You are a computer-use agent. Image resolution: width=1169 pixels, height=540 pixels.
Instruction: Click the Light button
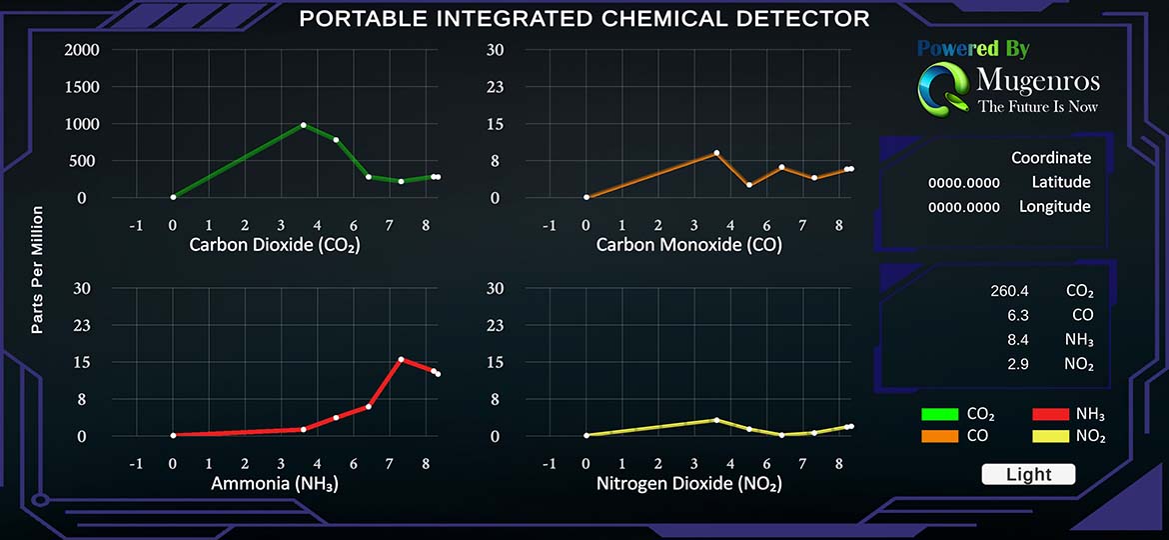coord(1028,475)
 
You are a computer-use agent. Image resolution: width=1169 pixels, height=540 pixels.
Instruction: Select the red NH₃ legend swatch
coord(1050,414)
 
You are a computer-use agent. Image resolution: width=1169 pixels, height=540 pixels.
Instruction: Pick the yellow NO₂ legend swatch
coord(1050,436)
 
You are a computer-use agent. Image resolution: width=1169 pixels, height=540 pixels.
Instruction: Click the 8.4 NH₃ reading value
coord(1018,340)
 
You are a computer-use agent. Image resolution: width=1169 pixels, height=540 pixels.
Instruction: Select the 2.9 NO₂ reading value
coord(1018,364)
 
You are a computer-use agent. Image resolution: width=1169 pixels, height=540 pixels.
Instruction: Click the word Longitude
coord(1054,207)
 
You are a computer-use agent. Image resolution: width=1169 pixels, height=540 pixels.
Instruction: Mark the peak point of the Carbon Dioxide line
coord(304,125)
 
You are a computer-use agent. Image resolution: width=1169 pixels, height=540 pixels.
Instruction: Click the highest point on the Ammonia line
coord(401,359)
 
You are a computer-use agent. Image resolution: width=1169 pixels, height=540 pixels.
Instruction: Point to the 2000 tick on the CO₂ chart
coord(81,50)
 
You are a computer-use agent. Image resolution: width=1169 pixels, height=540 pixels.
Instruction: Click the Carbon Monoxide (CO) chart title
coord(688,245)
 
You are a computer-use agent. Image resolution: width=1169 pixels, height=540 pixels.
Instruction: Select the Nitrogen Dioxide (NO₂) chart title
coord(688,484)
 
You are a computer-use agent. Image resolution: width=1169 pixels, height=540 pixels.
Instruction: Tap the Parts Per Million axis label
coord(37,270)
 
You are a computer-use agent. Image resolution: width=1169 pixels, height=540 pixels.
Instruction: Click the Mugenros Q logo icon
coord(941,88)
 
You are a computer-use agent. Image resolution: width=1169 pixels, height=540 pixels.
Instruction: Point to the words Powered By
coord(973,48)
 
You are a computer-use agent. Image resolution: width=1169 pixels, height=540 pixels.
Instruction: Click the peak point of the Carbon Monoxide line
coord(716,153)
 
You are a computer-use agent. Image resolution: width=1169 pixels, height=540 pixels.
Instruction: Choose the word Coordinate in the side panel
coord(1050,158)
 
